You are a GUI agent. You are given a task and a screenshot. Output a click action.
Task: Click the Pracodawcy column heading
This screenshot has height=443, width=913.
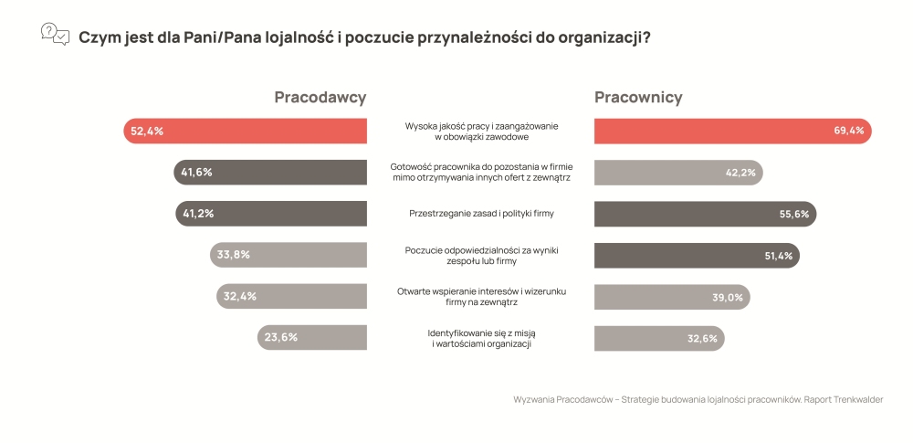coord(320,98)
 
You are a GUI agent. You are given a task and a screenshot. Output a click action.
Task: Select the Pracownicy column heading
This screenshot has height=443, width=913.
coord(638,98)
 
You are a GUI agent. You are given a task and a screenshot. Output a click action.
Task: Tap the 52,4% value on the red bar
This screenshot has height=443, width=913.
coord(147,132)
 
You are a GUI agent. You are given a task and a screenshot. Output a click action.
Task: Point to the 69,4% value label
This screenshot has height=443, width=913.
coord(848,132)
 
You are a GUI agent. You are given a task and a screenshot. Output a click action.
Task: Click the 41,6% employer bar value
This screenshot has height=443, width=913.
coord(197,173)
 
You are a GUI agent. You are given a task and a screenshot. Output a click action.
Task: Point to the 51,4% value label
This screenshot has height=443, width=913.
coord(779,255)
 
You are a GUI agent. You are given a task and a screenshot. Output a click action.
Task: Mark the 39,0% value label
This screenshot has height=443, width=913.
coord(728,296)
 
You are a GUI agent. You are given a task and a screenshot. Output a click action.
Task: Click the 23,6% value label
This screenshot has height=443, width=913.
coord(280,337)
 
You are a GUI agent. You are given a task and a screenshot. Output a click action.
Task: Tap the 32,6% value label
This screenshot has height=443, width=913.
coord(701,337)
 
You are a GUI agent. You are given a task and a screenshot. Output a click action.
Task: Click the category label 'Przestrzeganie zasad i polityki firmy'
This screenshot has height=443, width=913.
coord(480,214)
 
